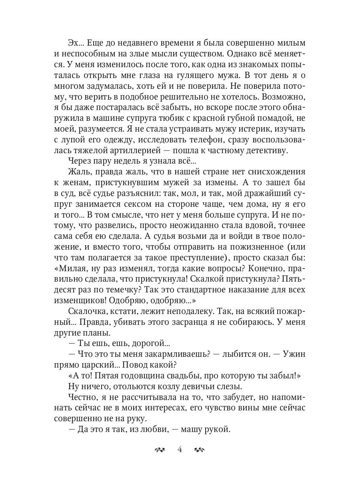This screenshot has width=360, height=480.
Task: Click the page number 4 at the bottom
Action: [180, 449]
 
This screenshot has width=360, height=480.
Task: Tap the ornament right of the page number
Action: [199, 450]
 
